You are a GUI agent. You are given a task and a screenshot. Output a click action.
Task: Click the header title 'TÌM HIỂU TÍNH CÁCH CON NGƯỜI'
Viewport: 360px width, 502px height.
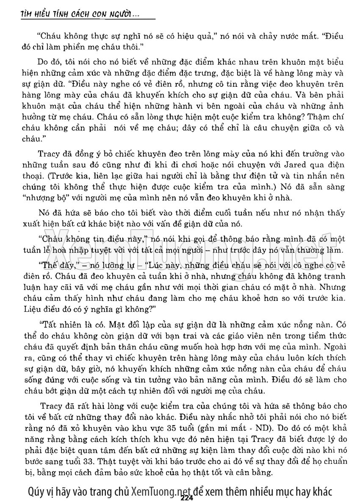click(76, 15)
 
